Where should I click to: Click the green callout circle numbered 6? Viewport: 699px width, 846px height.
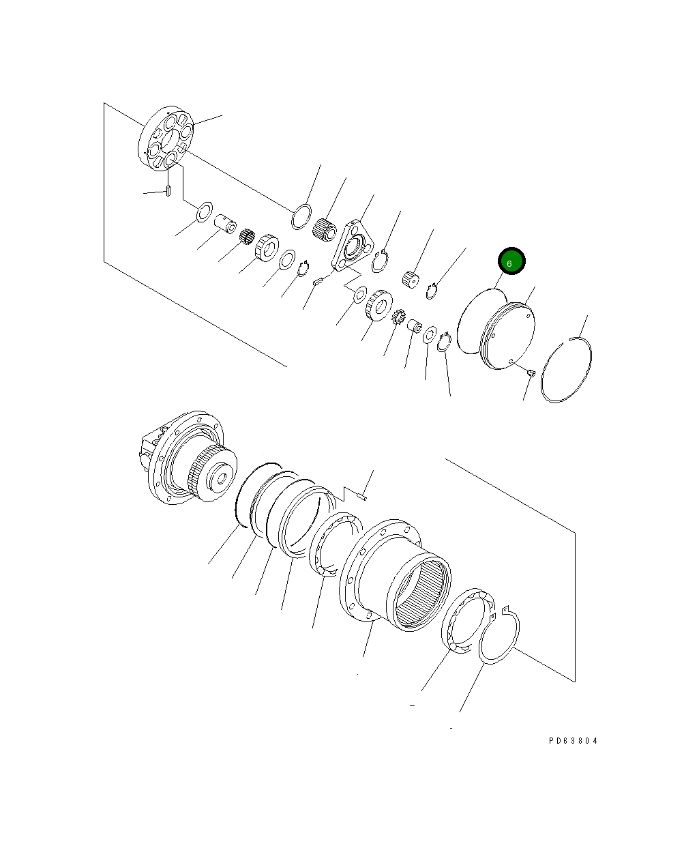click(x=511, y=262)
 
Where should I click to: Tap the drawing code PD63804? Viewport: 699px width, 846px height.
click(x=573, y=740)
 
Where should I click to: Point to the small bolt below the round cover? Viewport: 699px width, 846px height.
click(x=531, y=372)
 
